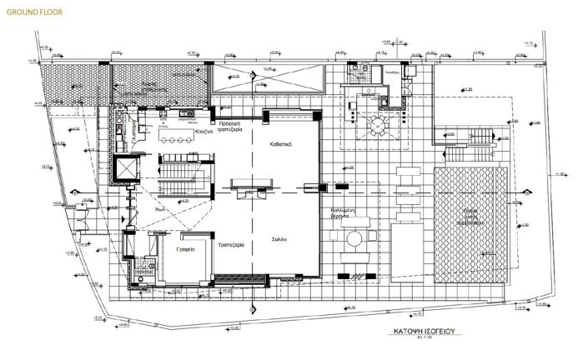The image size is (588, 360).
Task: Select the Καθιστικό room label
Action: coord(279,142)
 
